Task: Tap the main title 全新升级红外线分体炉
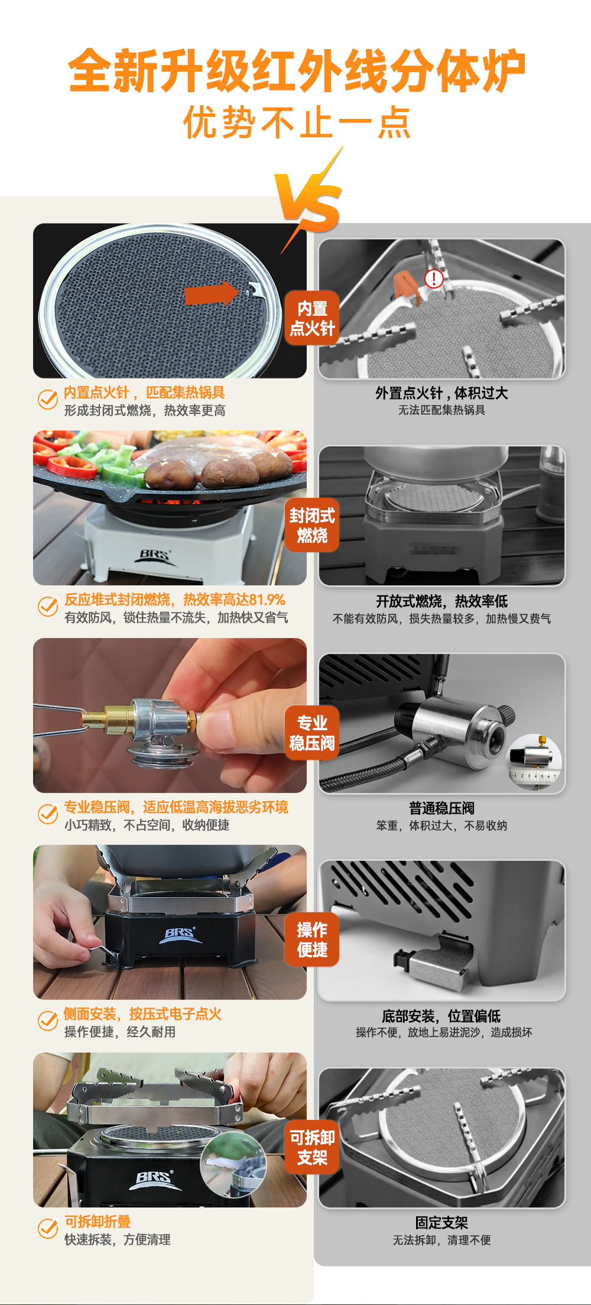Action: click(297, 71)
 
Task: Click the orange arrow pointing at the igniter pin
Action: click(211, 293)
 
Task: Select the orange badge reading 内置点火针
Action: click(312, 318)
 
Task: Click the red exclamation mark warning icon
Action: click(434, 279)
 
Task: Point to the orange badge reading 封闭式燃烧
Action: click(312, 525)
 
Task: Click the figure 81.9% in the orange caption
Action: click(267, 600)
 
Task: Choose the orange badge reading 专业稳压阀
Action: click(312, 733)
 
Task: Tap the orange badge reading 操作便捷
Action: click(312, 940)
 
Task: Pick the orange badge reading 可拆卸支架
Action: click(312, 1147)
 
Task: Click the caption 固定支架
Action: click(441, 1222)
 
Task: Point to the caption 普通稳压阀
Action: click(441, 808)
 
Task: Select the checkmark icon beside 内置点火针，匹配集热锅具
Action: click(48, 400)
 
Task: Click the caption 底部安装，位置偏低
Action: click(441, 1016)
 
